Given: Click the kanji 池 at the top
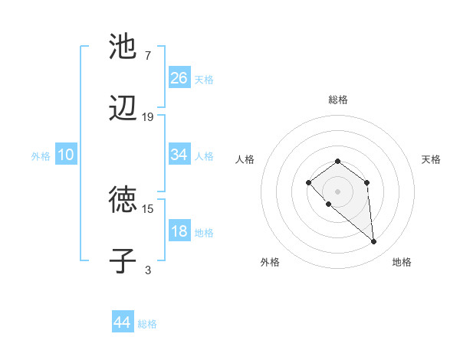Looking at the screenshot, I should [123, 47].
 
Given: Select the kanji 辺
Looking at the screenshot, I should [123, 111].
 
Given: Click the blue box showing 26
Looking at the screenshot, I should [179, 77].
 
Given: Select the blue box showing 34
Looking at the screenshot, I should [179, 155].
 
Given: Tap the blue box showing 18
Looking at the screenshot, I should [179, 231].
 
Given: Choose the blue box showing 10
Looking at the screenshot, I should [66, 155].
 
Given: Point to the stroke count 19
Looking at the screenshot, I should [148, 117].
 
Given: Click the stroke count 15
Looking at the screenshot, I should [148, 208].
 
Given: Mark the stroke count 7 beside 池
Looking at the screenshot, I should [148, 56].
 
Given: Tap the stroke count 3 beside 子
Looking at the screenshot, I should [148, 270].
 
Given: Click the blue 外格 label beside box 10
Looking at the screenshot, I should [41, 155].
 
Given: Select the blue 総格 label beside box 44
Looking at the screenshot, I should [147, 324].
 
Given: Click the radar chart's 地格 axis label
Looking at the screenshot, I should [402, 262].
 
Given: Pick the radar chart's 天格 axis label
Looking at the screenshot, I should [431, 159].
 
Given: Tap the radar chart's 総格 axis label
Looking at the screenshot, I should [337, 100].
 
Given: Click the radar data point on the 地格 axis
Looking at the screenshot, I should [374, 242].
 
